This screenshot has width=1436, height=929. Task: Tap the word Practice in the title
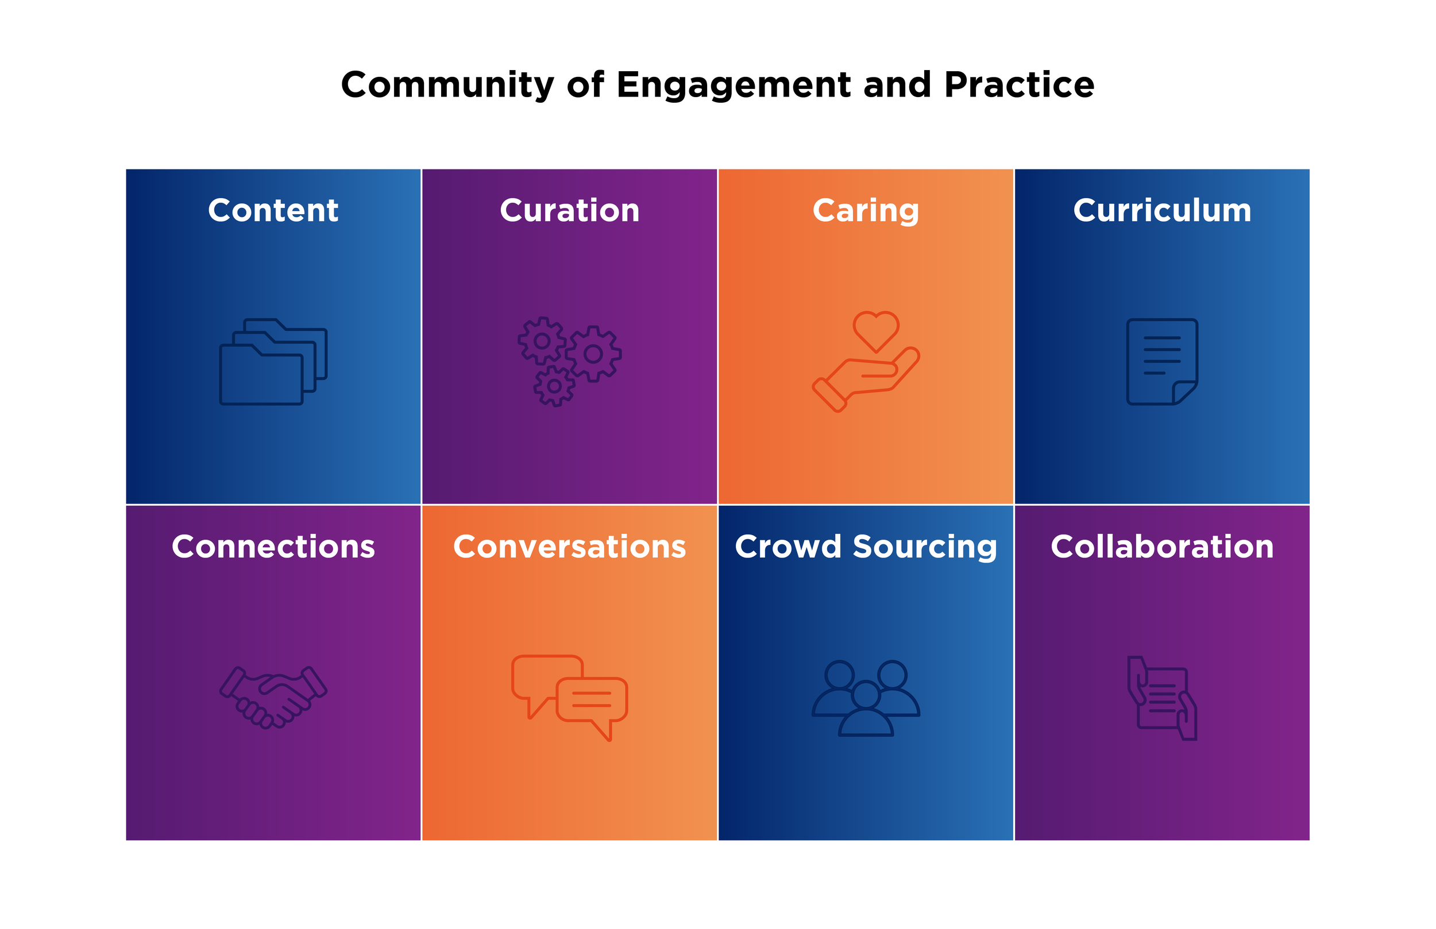[x=1019, y=85]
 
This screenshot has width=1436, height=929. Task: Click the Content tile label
[x=273, y=211]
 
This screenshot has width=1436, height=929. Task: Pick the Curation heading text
[x=570, y=211]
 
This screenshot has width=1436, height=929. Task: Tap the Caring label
[x=866, y=211]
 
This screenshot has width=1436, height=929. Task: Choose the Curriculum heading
[x=1162, y=211]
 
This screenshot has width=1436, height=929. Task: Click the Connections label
[x=273, y=547]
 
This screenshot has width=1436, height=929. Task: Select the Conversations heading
[x=570, y=547]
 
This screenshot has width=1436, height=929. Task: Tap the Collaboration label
[x=1162, y=547]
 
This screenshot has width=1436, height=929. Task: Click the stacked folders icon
[x=273, y=361]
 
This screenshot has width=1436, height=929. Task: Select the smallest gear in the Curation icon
[x=554, y=386]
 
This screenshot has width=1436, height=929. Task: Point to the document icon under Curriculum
[x=1162, y=361]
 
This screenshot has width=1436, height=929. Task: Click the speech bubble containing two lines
[x=591, y=700]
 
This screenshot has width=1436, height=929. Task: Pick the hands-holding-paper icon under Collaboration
[x=1162, y=698]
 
